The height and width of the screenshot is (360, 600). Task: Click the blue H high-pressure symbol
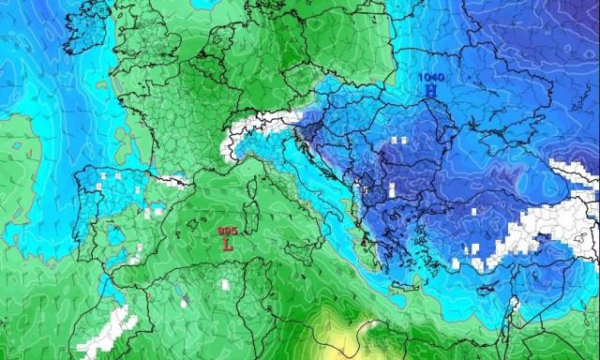[430, 90]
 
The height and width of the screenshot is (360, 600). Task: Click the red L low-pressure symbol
[227, 244]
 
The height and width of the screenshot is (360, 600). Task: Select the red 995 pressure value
[227, 231]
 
